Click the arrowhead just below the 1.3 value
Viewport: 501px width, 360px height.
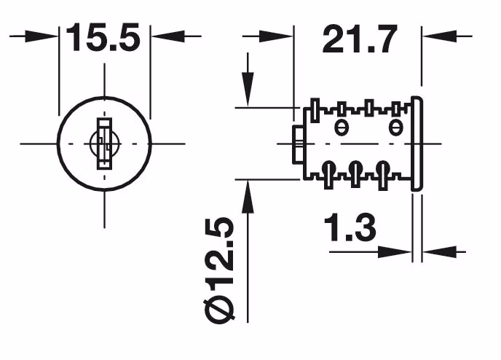coord(394,251)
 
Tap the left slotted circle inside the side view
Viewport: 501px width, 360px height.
coord(339,128)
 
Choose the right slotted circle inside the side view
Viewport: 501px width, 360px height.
coord(395,128)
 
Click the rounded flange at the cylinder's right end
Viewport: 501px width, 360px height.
coord(417,144)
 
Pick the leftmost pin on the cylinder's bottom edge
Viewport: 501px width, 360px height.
coord(328,175)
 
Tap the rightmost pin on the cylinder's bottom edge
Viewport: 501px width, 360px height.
coord(382,175)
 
